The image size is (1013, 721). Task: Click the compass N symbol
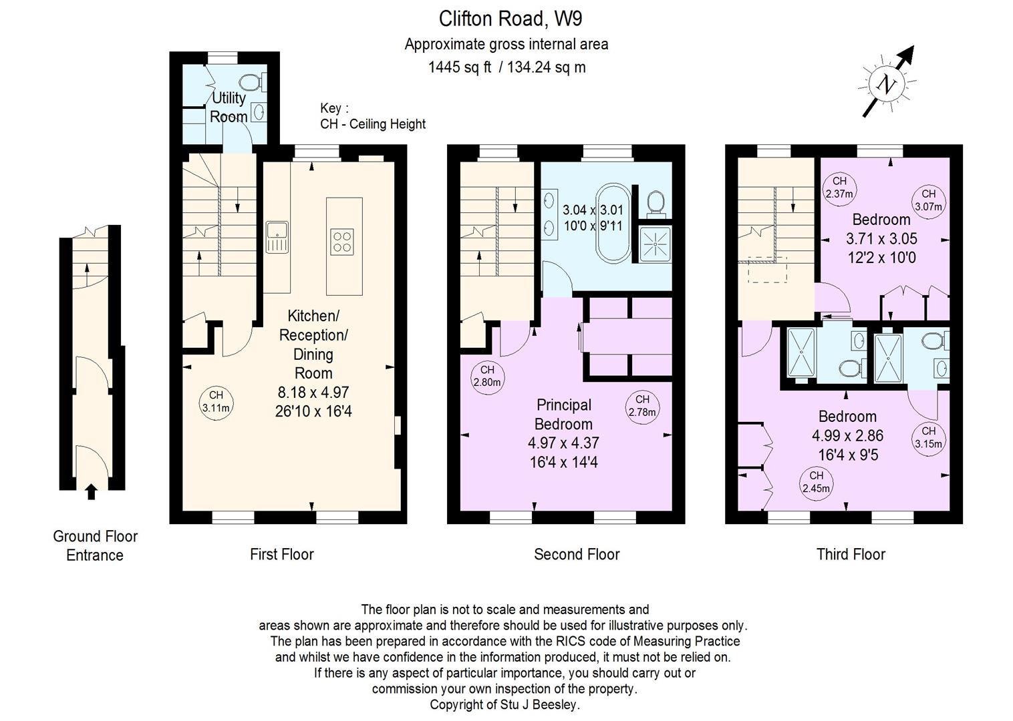click(886, 84)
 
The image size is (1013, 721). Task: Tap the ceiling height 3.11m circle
click(216, 402)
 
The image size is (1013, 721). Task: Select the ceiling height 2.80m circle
click(487, 377)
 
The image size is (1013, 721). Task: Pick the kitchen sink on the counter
click(277, 237)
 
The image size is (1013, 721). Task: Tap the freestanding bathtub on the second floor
click(613, 223)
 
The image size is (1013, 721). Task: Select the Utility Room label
click(229, 107)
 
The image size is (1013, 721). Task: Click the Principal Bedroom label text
click(563, 415)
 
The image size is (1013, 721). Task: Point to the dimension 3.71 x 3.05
click(881, 238)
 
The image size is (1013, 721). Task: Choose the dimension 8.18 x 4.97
click(313, 392)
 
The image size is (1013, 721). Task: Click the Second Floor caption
click(577, 554)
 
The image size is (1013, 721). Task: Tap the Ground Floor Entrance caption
click(95, 545)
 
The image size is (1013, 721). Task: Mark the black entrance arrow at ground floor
click(92, 491)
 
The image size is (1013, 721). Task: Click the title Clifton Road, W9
click(511, 19)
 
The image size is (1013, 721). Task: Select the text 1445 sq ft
click(460, 67)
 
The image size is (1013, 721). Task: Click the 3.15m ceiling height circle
click(928, 438)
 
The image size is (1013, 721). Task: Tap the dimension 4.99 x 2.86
click(847, 435)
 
